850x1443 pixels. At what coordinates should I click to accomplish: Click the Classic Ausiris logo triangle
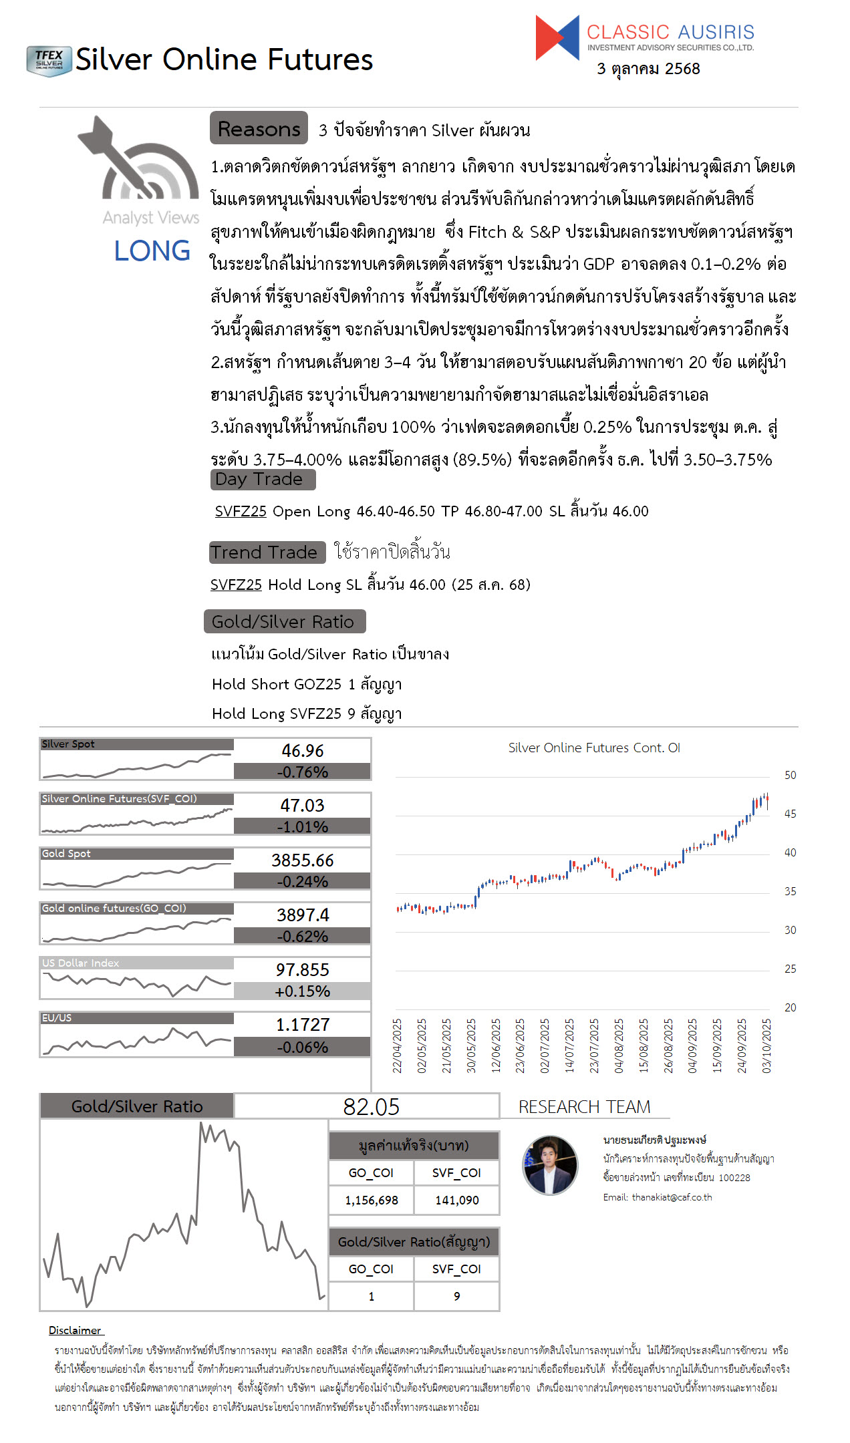(x=557, y=38)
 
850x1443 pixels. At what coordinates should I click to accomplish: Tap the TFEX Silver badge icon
(x=49, y=61)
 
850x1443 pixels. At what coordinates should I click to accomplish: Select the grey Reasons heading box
(x=259, y=128)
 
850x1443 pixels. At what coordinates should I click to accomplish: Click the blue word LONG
(x=152, y=251)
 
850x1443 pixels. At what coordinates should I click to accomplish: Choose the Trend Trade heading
(x=266, y=552)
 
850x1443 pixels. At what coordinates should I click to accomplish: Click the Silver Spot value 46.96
(x=302, y=751)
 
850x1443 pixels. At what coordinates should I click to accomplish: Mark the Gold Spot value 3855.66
(x=302, y=860)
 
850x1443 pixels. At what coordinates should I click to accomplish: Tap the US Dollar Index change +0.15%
(x=302, y=991)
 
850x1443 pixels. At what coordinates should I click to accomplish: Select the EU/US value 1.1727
(x=302, y=1025)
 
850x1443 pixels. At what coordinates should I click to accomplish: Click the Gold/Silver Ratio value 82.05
(x=371, y=1107)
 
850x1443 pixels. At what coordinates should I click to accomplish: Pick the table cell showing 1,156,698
(x=371, y=1200)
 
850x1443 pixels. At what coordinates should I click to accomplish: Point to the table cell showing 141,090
(x=456, y=1200)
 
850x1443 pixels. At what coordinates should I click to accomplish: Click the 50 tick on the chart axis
(x=790, y=776)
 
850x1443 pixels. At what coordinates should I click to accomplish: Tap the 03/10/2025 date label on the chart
(x=766, y=1046)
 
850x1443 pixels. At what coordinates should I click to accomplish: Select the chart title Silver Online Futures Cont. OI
(x=593, y=748)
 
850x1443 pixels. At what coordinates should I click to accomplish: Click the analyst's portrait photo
(x=550, y=1165)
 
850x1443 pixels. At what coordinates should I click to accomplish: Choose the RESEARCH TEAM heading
(x=584, y=1107)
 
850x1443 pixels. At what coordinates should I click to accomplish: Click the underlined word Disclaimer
(x=75, y=1331)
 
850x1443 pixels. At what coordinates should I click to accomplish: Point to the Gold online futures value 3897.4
(x=302, y=915)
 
